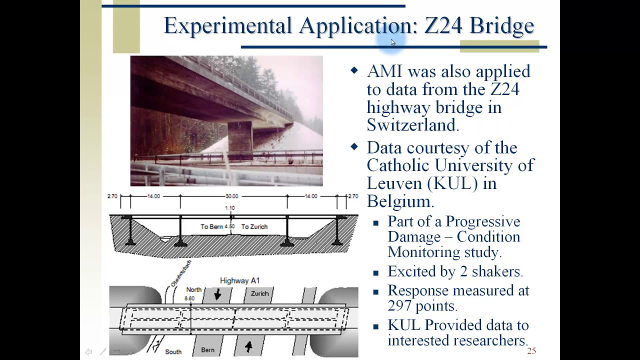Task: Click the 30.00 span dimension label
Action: (231, 196)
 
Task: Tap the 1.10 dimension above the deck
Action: (229, 208)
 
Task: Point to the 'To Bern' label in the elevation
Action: (212, 226)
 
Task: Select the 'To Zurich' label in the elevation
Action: (254, 226)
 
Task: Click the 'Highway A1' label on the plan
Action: (239, 280)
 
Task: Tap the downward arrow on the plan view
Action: (217, 294)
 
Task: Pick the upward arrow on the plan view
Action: (248, 346)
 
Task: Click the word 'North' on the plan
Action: (193, 289)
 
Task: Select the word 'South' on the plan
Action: (173, 351)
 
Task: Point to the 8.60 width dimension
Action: (189, 298)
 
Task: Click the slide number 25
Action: (531, 351)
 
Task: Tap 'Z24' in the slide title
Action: (443, 25)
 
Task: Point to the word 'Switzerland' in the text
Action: (412, 125)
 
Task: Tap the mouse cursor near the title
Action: (393, 42)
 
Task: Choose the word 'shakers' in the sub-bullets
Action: (496, 271)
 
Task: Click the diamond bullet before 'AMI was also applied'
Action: (354, 70)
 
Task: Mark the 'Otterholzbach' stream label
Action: (181, 273)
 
